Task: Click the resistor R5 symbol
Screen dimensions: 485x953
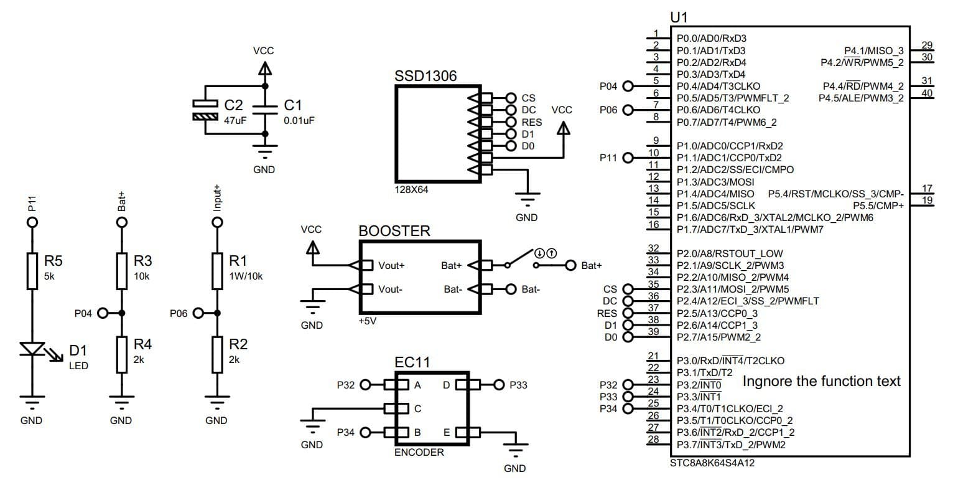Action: pos(32,270)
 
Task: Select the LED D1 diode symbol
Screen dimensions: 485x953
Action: pos(32,350)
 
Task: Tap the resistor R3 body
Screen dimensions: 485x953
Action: pos(121,270)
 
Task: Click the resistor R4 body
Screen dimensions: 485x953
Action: pos(121,354)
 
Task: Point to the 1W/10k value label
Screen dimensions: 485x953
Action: pos(246,276)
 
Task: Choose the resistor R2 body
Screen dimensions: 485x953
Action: pos(216,354)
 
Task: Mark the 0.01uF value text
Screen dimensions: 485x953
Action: pos(299,120)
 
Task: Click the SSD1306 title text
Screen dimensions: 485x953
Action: pos(425,76)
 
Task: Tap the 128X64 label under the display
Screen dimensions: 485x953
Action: pos(411,189)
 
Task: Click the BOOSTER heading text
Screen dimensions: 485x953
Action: pos(394,231)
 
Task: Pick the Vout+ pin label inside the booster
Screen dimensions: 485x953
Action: pos(391,266)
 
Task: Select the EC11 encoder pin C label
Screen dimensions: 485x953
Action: pos(418,408)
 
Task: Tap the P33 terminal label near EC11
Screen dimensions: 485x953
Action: pos(518,385)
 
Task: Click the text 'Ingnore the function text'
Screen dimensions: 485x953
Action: pos(821,381)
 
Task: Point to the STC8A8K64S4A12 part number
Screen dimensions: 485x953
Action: pos(713,463)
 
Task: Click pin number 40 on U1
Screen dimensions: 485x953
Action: pos(927,93)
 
